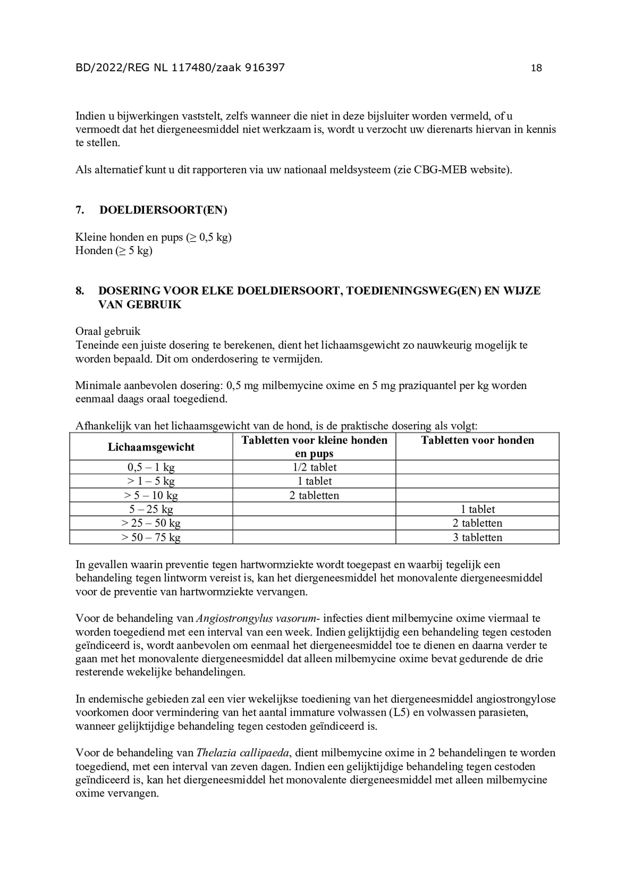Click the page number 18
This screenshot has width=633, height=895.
tap(536, 68)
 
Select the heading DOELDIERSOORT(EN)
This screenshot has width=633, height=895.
tap(163, 210)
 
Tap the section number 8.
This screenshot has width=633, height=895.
tap(80, 291)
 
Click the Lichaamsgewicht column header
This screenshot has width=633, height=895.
tap(151, 447)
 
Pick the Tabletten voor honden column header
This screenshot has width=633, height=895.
tap(477, 440)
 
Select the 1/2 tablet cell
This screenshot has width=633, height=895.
tap(314, 467)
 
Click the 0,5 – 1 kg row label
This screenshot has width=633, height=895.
tap(151, 467)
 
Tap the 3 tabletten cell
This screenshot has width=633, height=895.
tap(477, 537)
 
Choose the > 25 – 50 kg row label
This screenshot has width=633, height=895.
tap(151, 523)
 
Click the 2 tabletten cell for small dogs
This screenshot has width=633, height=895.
tap(314, 495)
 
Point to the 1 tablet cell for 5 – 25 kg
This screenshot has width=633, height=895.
tap(477, 509)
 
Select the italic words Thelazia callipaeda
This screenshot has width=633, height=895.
tap(243, 753)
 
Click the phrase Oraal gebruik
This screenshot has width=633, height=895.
tap(108, 331)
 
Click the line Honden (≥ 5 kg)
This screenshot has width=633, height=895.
tap(114, 250)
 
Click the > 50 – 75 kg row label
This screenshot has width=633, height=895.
tap(151, 537)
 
